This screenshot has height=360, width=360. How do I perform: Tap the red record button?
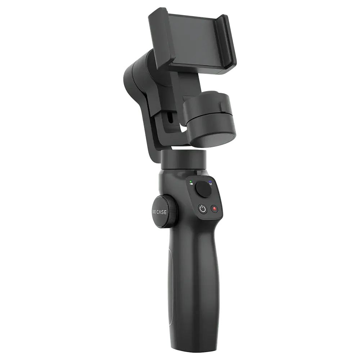click(x=215, y=209)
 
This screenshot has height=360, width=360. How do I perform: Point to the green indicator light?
click(x=191, y=181)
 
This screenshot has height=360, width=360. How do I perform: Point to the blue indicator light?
click(x=210, y=181)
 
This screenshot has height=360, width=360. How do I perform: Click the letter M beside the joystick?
click(x=211, y=184)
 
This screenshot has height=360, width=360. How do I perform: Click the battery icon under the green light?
click(x=191, y=184)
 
